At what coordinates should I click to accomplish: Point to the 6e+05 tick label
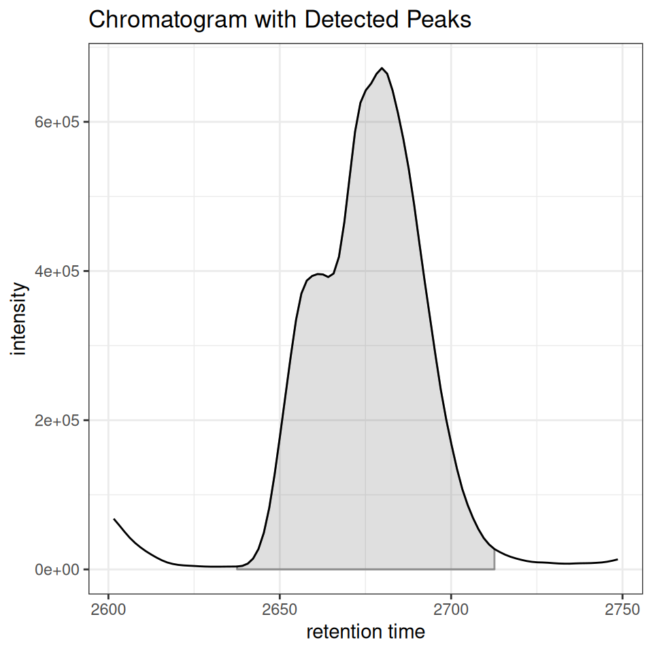(57, 122)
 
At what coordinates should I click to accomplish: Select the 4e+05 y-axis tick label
(57, 271)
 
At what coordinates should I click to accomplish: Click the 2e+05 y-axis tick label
(57, 420)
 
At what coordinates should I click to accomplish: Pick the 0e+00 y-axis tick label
(57, 569)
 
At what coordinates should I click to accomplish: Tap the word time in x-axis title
(406, 632)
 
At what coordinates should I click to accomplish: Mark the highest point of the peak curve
(382, 68)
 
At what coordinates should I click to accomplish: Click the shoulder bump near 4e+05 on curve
(318, 274)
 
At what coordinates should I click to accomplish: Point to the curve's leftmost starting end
(114, 519)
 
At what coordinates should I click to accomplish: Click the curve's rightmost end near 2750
(618, 559)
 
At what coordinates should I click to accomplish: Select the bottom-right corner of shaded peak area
(495, 569)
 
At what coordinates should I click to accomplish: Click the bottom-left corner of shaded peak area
(237, 569)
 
